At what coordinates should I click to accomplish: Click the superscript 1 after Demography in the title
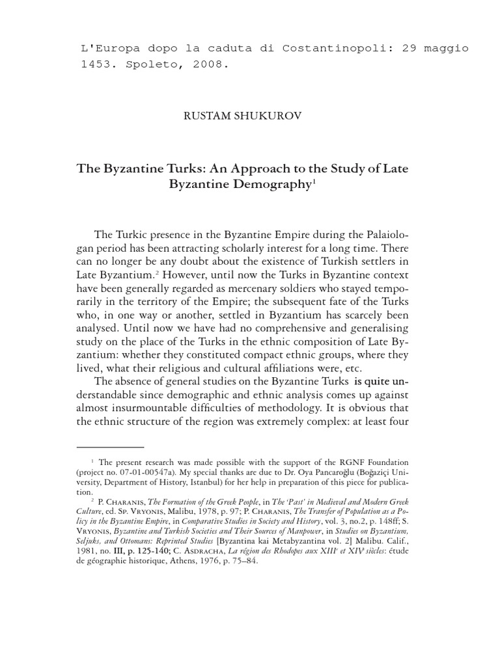pos(313,183)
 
